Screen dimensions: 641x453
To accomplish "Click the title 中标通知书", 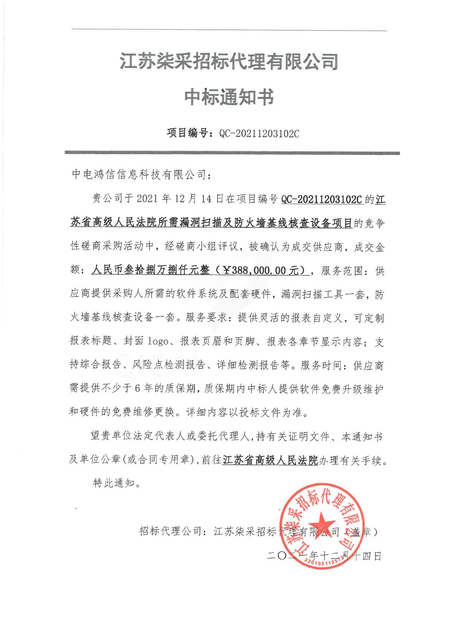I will click(229, 98).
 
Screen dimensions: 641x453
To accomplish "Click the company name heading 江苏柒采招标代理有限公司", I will click(229, 62).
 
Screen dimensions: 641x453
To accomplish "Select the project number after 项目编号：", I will click(259, 133).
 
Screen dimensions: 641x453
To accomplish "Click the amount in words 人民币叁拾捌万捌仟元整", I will click(151, 271).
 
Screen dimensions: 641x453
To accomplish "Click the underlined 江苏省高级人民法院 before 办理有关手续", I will click(270, 460).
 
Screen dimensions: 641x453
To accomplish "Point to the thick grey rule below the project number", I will click(232, 153).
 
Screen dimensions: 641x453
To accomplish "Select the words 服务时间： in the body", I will click(327, 365).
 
